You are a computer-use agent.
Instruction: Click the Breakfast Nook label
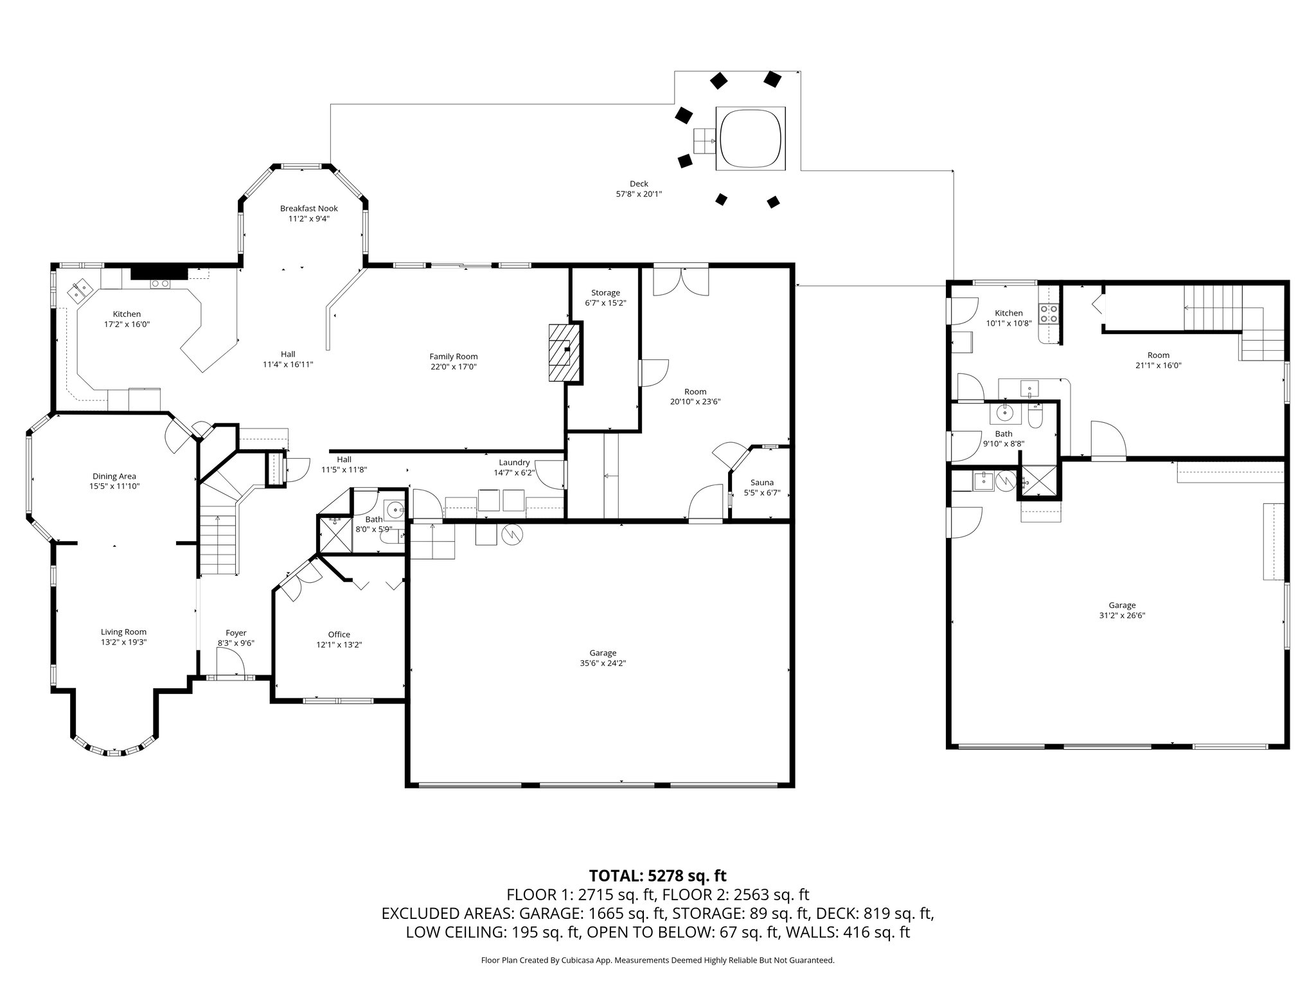tap(308, 208)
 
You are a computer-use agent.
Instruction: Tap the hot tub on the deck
tap(751, 138)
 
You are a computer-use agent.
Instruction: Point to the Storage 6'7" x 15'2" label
tap(605, 298)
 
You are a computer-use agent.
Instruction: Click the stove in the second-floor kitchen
tap(1049, 314)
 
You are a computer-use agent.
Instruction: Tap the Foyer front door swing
tap(229, 661)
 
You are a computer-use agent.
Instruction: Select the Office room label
tap(339, 634)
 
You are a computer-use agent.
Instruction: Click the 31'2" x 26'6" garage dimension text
tap(1122, 615)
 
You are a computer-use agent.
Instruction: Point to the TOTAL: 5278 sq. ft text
tap(657, 875)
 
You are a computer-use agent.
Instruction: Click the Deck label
tap(639, 184)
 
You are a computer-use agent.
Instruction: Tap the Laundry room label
tap(514, 462)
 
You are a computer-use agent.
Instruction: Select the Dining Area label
tap(114, 476)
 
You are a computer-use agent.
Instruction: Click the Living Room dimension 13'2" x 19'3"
tap(123, 642)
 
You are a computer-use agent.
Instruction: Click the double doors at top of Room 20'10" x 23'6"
tap(681, 281)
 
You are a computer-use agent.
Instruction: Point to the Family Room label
tap(453, 357)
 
